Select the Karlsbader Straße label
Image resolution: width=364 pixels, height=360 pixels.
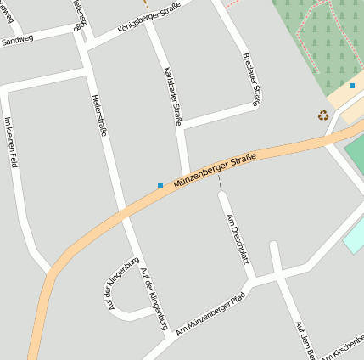172,95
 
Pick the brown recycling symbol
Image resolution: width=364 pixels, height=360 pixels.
322,115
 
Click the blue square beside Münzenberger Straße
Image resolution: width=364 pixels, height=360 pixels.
160,185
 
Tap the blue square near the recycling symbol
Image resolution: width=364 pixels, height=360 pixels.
352,86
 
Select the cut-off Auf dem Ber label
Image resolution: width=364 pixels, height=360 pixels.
305,340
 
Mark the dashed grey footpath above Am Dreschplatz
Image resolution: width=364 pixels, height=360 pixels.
220,182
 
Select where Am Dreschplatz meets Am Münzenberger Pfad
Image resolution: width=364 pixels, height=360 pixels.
252,281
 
